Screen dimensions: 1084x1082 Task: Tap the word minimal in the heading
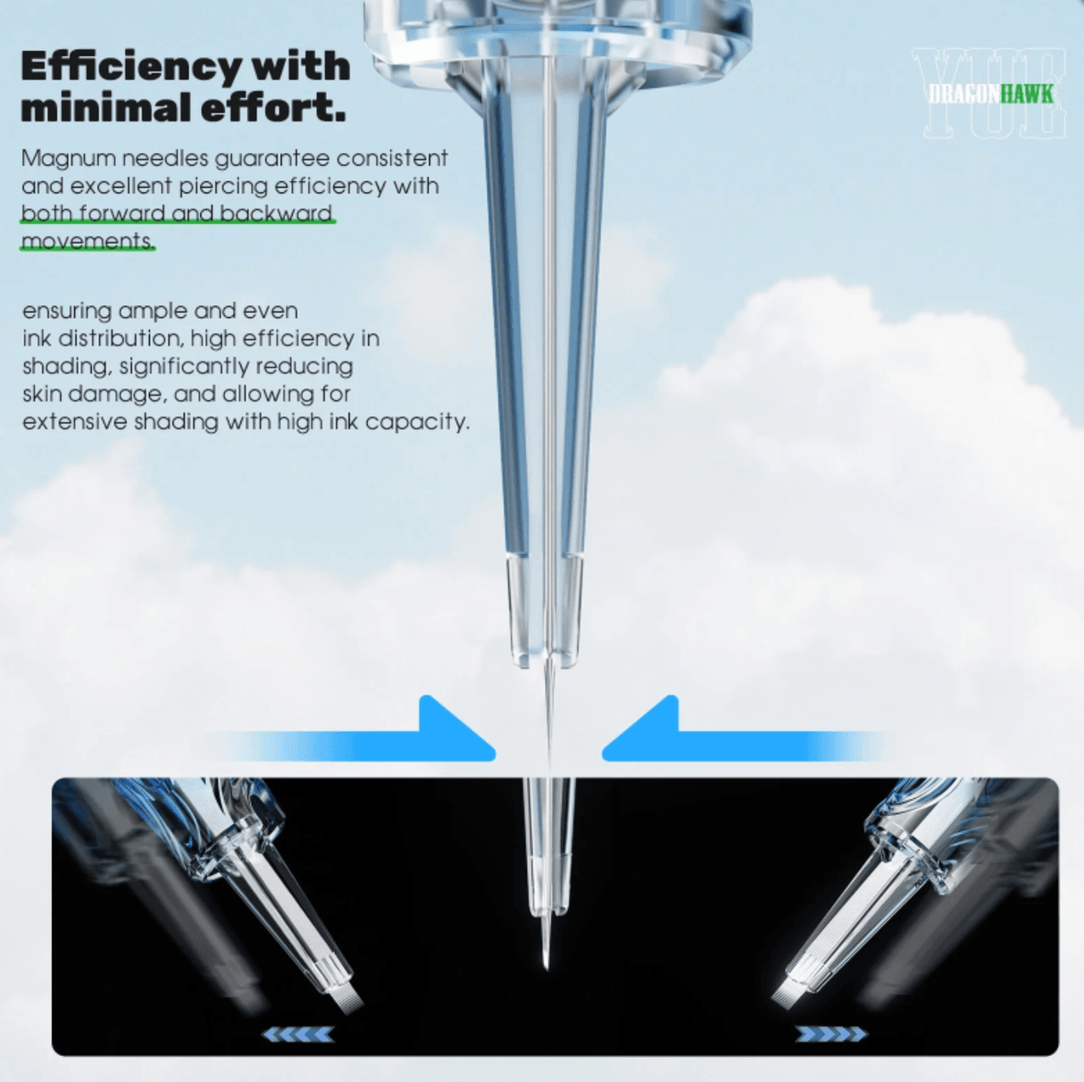(104, 107)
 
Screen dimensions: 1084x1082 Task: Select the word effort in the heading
(273, 107)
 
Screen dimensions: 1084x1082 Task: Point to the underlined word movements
(88, 241)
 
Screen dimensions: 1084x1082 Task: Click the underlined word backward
(276, 213)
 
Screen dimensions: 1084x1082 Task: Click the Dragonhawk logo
(991, 94)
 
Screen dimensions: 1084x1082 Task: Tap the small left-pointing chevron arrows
(298, 1034)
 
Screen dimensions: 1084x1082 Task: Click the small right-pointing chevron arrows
(830, 1034)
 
